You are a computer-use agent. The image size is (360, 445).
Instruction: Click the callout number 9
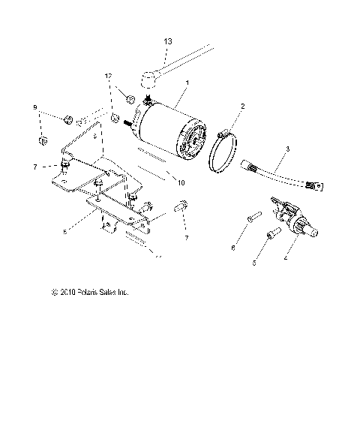[34, 108]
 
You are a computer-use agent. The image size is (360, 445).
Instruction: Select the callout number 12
[108, 77]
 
